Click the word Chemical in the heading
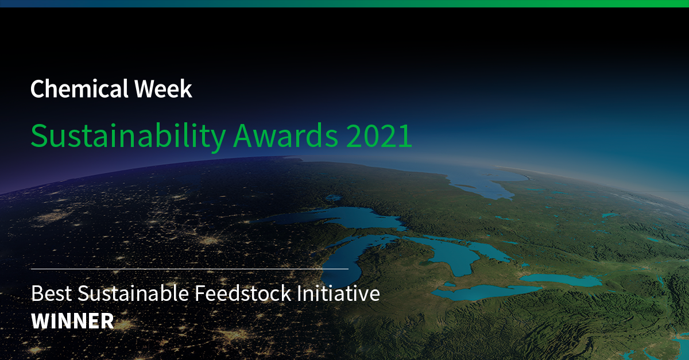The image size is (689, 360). click(79, 88)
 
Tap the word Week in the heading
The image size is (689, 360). click(163, 88)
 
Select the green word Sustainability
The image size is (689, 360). click(129, 136)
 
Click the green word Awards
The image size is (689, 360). click(286, 136)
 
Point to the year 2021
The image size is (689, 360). click(379, 136)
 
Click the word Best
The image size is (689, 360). click(51, 293)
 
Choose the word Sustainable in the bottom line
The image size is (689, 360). click(133, 293)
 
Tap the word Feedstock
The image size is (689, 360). click(243, 293)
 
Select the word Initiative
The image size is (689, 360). click(338, 293)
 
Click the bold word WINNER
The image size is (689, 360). click(72, 321)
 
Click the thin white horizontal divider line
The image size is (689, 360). click(189, 269)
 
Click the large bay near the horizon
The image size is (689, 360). click(486, 183)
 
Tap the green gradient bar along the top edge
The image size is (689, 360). click(344, 3)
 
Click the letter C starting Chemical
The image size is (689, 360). click(37, 89)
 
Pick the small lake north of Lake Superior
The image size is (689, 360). click(334, 198)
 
